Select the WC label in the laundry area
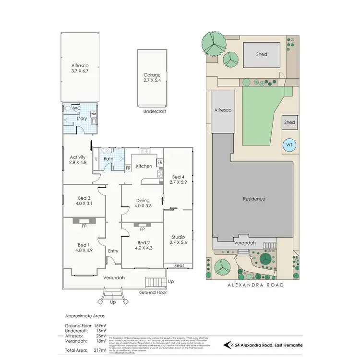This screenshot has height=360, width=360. (76, 108)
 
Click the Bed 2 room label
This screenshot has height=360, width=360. (144, 246)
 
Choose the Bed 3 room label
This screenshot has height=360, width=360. (84, 201)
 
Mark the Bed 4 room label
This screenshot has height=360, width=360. (178, 179)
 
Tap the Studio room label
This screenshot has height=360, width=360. (179, 240)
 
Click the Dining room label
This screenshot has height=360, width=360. (143, 204)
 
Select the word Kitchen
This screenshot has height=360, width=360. (144, 166)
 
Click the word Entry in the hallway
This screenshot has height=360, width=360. (113, 251)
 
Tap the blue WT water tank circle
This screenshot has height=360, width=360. (288, 144)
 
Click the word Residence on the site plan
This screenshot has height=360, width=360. (254, 199)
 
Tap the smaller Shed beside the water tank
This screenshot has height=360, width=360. (289, 122)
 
